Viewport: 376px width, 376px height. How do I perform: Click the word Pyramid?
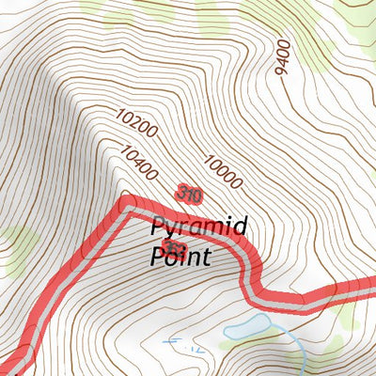tap(198, 228)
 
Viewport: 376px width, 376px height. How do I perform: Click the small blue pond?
tap(246, 328)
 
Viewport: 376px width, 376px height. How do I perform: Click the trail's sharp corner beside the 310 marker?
tap(126, 202)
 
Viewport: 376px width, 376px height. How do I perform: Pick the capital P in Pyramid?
tap(159, 227)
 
